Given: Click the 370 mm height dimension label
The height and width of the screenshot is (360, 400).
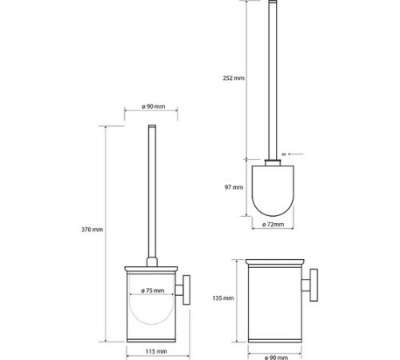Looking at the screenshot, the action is (92, 230).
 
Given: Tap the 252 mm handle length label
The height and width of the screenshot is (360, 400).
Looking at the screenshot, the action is (234, 78).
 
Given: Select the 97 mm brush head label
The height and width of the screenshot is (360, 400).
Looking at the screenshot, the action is (234, 187).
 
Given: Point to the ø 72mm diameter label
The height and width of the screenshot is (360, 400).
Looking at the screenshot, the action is (273, 225).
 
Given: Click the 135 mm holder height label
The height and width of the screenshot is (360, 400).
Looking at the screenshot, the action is (223, 298).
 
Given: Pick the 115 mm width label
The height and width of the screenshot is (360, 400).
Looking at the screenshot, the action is (156, 351).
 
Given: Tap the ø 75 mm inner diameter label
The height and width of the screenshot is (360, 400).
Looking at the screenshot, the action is (153, 290).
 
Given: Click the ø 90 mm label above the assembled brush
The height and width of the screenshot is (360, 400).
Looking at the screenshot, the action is (154, 106).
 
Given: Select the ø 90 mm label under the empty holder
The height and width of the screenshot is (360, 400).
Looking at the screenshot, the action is (276, 358).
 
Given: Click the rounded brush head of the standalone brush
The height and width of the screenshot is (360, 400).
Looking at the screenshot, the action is (273, 190).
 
